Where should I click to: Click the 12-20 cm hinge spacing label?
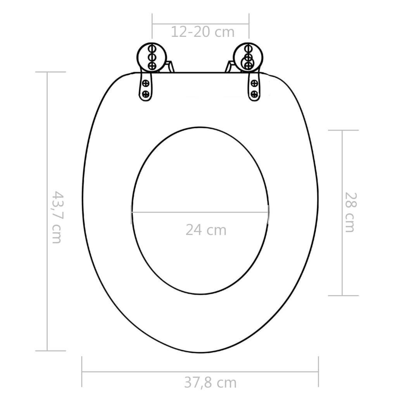[203, 32]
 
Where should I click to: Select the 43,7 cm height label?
[57, 217]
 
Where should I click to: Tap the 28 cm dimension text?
[349, 212]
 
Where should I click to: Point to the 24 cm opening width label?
[205, 230]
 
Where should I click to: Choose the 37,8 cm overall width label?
[210, 383]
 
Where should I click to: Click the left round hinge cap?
[152, 57]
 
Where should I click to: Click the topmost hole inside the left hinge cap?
[152, 49]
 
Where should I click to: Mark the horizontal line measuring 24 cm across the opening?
[200, 212]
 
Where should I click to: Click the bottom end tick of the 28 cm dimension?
[343, 295]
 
